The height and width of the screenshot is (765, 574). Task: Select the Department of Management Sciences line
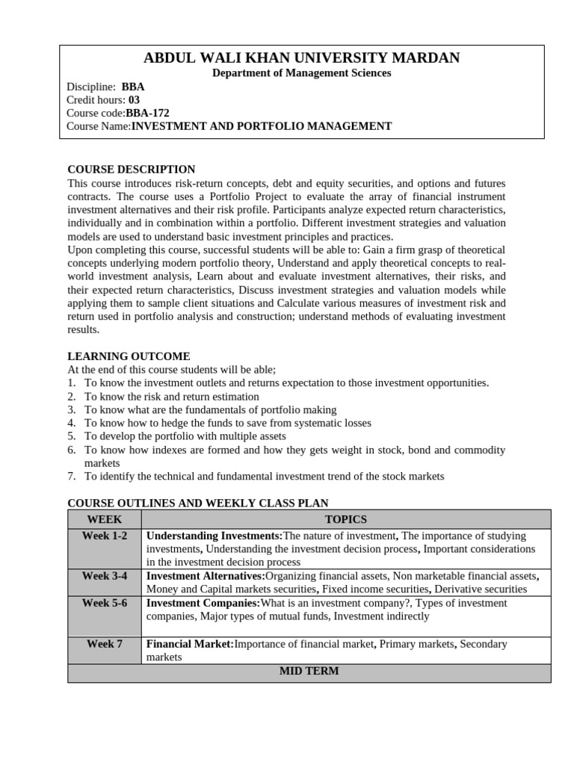(x=301, y=73)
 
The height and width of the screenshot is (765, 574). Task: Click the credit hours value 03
(x=134, y=99)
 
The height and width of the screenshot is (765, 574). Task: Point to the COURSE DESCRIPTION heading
(x=131, y=170)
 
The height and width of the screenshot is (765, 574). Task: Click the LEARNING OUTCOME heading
(x=129, y=356)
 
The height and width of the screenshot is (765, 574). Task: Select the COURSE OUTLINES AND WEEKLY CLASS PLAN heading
(x=197, y=504)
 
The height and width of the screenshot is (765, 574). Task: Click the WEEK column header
(x=104, y=519)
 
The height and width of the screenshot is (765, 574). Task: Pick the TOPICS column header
(x=345, y=519)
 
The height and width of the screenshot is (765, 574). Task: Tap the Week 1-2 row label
(x=104, y=536)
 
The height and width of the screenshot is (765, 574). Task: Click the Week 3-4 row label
(x=104, y=576)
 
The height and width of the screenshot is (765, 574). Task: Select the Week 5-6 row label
(x=104, y=603)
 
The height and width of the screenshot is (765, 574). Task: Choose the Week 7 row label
(x=104, y=643)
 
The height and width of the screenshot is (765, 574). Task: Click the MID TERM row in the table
(x=309, y=671)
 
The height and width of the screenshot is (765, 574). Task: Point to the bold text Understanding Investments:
(x=215, y=536)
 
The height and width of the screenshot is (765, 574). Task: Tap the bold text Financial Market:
(x=190, y=643)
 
